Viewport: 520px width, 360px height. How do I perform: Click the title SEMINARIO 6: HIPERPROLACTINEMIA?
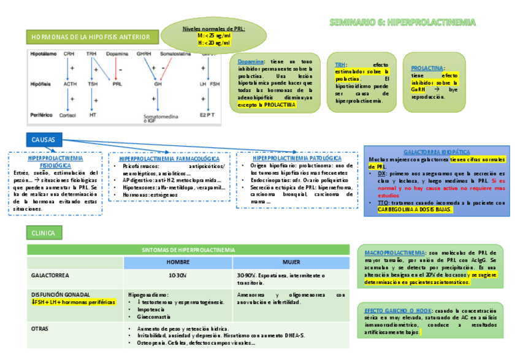point(403,23)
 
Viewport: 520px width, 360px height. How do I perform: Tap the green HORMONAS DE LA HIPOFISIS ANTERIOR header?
point(92,38)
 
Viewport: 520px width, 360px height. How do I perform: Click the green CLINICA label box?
point(43,233)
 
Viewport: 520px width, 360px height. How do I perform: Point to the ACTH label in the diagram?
point(70,84)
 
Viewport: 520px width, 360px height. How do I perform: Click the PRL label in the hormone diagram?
point(117,84)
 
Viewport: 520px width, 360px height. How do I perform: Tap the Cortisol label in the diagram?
point(71,115)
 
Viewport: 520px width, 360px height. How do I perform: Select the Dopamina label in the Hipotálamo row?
point(117,54)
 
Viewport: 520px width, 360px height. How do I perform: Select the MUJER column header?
point(291,262)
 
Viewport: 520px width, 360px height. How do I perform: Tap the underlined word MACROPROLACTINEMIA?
point(395,253)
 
